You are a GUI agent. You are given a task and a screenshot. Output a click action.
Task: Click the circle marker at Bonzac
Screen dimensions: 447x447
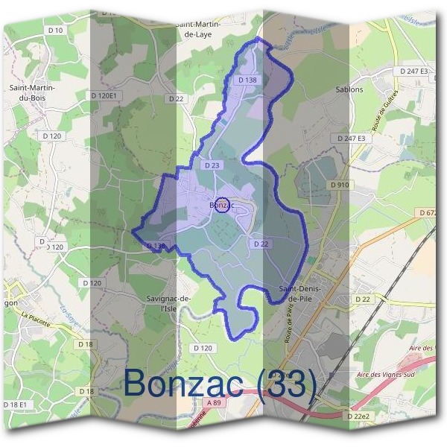point(221,205)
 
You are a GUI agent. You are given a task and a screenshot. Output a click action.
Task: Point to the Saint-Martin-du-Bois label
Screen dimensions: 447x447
point(29,92)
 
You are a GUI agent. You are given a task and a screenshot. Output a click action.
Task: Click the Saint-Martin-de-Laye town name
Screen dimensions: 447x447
point(200,29)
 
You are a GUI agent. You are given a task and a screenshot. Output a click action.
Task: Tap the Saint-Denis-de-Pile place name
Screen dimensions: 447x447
point(299,293)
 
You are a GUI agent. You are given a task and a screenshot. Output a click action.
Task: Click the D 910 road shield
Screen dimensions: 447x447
point(340,185)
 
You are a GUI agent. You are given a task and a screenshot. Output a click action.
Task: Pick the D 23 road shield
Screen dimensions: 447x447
point(212,165)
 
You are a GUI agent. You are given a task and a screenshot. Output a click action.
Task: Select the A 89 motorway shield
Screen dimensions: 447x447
point(215,403)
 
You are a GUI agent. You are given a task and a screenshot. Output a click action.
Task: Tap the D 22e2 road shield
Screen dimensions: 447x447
point(359,415)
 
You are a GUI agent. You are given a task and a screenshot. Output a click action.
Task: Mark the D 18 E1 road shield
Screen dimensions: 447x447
point(13,404)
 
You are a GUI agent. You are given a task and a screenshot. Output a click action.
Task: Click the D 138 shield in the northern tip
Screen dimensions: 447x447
point(248,80)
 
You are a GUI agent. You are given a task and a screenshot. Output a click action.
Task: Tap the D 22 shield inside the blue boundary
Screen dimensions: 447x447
point(261,244)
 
